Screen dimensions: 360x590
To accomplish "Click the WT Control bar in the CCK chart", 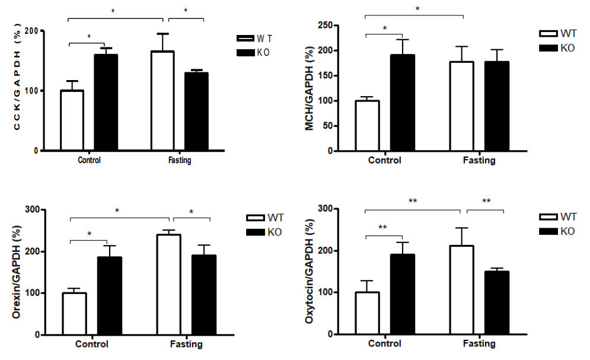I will [x=72, y=120].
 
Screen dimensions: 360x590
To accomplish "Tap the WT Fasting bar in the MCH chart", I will [x=461, y=106].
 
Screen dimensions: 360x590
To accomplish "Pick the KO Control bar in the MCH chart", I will [x=402, y=103].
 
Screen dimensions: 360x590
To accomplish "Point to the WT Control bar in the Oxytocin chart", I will [x=368, y=313].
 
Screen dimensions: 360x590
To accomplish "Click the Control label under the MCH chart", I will [x=384, y=161].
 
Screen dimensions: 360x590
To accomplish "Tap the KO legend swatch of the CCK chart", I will [x=244, y=53].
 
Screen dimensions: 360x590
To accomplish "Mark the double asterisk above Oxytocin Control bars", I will [x=384, y=227].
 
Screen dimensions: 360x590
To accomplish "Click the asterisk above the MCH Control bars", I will [x=385, y=28].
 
